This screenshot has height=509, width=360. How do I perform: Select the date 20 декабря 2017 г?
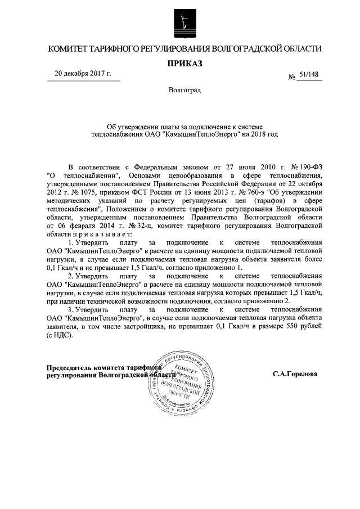(x=83, y=74)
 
